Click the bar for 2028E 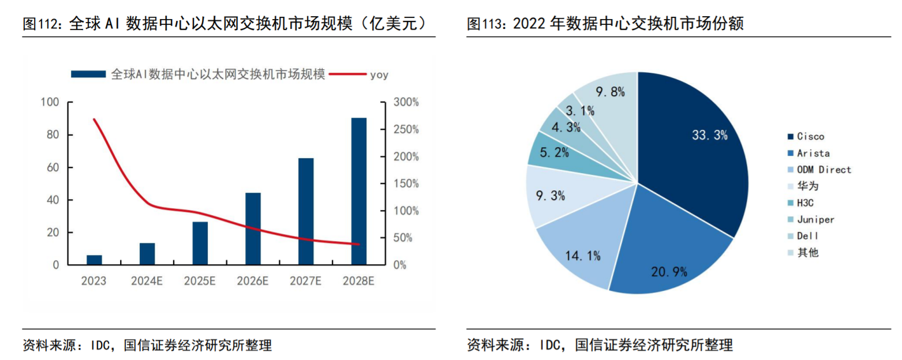coord(359,192)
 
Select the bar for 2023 coord(94,260)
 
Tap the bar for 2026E coord(253,228)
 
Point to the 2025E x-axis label coord(200,281)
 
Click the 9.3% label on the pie coord(551,196)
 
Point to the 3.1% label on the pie coord(579,111)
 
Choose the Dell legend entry coord(807,236)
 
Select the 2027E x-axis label coord(306,281)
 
